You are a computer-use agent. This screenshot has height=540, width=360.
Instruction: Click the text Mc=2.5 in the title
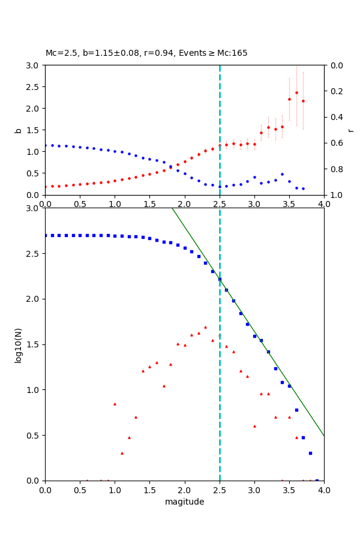coord(60,53)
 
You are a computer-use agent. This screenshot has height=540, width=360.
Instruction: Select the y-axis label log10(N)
coord(18,344)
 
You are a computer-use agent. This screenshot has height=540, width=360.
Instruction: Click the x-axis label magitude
coord(184,502)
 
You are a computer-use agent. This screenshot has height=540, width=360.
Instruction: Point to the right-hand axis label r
coord(350,130)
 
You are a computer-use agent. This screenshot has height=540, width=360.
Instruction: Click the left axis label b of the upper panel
coord(18,130)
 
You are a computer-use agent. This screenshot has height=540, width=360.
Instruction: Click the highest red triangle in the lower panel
coord(205,327)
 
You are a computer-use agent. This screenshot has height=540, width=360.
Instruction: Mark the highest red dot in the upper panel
coord(296,92)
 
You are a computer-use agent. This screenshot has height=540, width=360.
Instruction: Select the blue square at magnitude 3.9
coord(317,480)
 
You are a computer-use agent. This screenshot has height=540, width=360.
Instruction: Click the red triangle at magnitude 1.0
coord(115,404)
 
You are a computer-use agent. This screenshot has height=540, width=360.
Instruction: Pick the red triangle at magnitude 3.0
coord(254,426)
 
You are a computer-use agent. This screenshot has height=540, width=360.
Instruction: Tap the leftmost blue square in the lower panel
coord(46,235)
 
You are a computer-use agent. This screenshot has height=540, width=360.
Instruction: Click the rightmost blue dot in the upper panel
coord(303,188)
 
